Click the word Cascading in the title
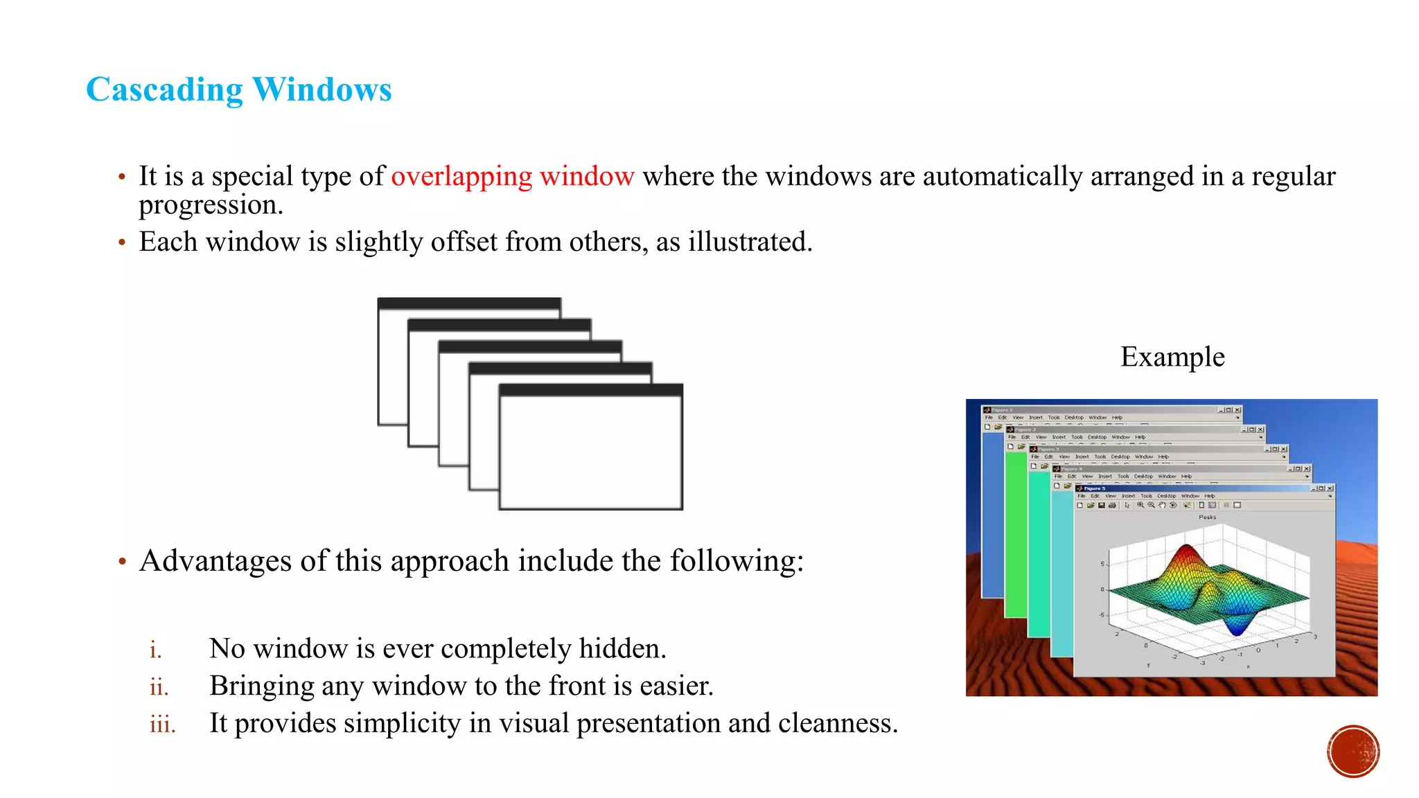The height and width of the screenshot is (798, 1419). pos(164,90)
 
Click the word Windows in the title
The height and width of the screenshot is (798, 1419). pos(322,90)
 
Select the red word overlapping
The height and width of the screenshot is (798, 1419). pos(461,177)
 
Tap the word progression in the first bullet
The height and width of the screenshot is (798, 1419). pos(211,205)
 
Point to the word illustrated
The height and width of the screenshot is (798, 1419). pos(749,242)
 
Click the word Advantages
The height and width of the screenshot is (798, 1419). pos(215,560)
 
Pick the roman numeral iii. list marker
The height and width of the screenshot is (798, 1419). pos(163,725)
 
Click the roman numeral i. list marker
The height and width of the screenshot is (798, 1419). pos(156,650)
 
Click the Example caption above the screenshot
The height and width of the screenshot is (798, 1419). pos(1172,357)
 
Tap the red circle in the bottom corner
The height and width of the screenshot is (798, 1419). pos(1353,751)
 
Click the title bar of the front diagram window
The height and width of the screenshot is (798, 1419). pos(590,391)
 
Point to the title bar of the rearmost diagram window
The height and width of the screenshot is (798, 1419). pos(469,303)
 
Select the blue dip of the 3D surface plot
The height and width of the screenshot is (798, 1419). pos(1237,628)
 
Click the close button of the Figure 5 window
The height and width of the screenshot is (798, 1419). pos(1330,488)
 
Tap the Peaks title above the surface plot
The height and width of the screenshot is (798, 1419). pos(1207,517)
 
